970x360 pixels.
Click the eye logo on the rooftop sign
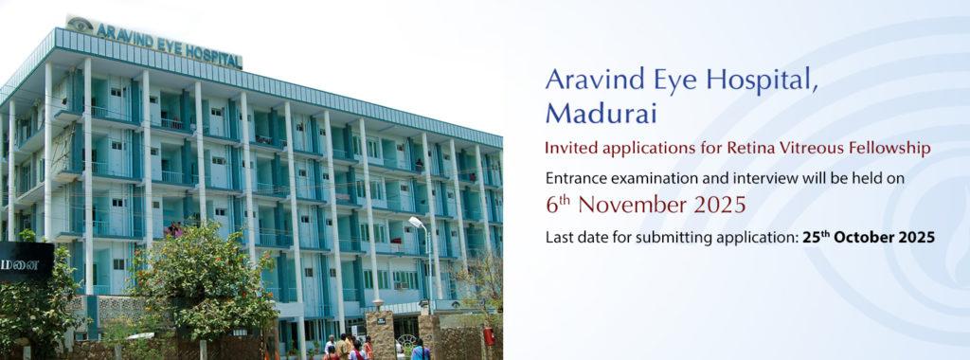pos(81,25)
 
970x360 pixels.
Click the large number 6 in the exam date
pos(552,205)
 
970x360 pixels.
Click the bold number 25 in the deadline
pos(811,238)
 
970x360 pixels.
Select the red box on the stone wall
pos(490,336)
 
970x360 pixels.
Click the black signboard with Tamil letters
pos(27,262)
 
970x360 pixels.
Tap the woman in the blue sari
pos(421,351)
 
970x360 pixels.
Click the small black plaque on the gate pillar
pos(381,320)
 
